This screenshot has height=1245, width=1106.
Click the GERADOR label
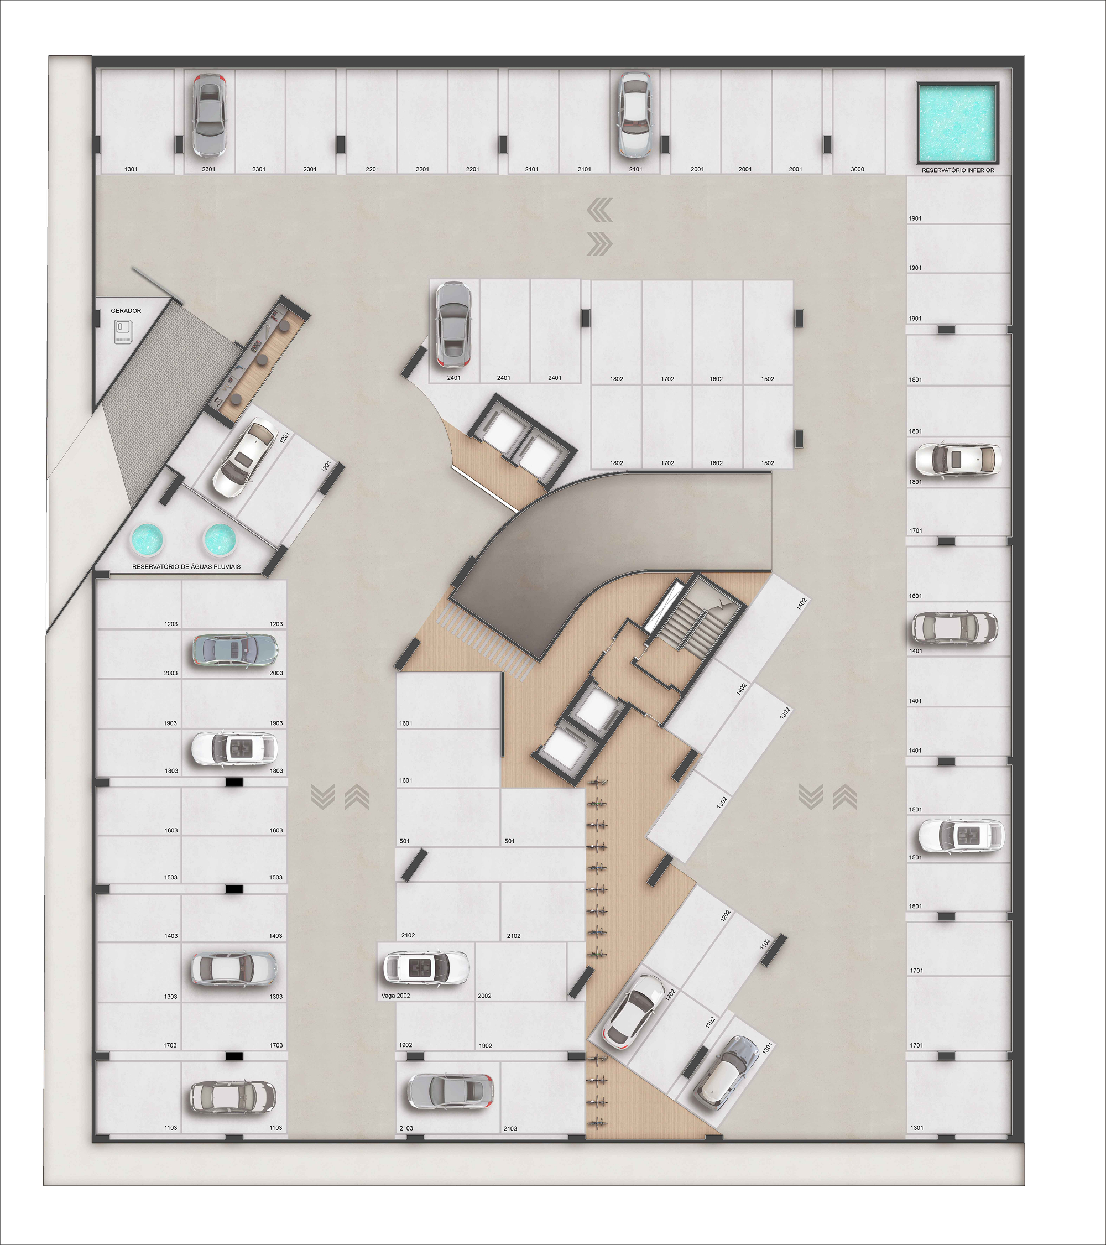point(126,311)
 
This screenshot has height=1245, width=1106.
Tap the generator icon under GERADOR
point(124,332)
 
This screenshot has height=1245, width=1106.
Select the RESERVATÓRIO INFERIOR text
point(958,170)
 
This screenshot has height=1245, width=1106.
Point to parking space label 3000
point(858,169)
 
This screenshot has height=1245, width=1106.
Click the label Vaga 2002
point(396,995)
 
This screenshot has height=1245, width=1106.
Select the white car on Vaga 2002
point(426,968)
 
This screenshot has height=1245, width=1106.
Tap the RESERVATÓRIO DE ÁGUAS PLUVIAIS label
point(186,566)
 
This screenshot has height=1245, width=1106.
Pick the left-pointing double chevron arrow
point(600,211)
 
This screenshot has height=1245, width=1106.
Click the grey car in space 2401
point(453,325)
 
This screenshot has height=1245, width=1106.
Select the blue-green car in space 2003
point(235,649)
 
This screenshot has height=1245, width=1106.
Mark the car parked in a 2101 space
point(635,114)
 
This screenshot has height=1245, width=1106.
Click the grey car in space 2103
point(450,1091)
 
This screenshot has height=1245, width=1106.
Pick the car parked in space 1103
point(233,1097)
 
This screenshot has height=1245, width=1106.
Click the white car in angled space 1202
point(634,1009)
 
